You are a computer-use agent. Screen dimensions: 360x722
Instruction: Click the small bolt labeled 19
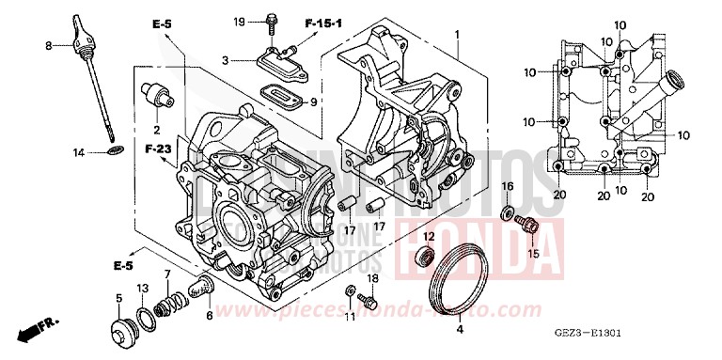coord(272,20)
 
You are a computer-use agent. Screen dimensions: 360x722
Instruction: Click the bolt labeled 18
coord(369,303)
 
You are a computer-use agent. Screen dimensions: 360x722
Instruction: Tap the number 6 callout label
coord(209,317)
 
